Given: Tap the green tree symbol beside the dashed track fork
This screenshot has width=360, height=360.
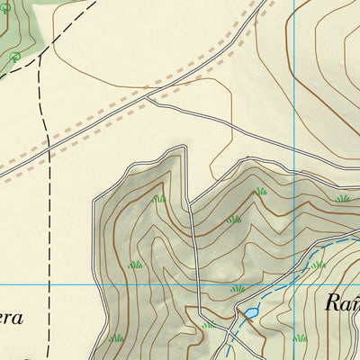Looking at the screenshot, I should (x=14, y=58).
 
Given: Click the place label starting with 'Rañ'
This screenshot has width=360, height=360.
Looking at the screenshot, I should (x=342, y=302).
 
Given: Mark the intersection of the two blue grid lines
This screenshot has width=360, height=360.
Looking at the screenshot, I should (x=294, y=284).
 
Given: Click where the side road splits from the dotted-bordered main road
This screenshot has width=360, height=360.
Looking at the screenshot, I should (x=148, y=97).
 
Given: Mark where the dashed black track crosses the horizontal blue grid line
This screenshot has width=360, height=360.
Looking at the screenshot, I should (x=49, y=284).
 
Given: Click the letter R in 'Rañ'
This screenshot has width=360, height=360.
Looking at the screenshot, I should (x=331, y=302).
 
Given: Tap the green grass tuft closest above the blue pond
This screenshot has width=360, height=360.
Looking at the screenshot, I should (x=238, y=289).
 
